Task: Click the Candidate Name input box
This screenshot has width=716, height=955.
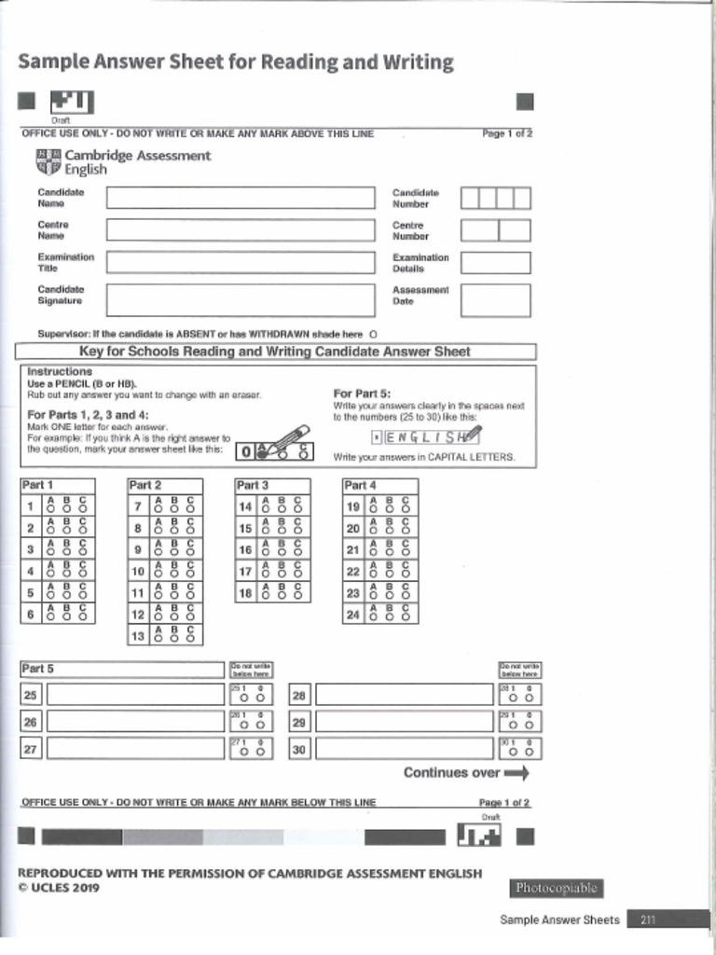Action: click(239, 198)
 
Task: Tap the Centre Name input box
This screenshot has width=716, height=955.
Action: click(239, 230)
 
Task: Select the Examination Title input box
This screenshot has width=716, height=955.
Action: click(239, 262)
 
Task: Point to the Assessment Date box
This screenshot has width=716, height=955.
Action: click(495, 300)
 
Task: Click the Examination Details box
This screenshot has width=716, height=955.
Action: click(495, 263)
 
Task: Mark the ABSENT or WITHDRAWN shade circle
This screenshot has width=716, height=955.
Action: click(373, 334)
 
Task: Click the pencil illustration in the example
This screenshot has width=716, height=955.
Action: click(290, 441)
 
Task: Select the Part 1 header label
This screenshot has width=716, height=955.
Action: click(38, 485)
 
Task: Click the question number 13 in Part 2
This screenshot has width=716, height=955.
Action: click(138, 636)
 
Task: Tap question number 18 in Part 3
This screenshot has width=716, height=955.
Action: click(245, 593)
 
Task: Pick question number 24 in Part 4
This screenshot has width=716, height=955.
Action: click(353, 615)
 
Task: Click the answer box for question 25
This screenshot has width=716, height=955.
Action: click(135, 696)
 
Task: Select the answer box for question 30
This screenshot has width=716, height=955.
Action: click(403, 749)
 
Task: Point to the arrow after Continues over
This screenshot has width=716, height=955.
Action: click(516, 773)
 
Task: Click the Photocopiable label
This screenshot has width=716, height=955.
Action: click(556, 888)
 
